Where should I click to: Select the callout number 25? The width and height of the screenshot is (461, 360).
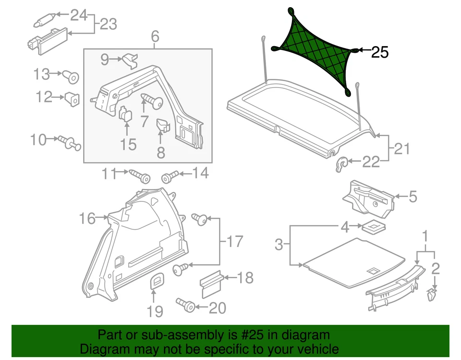[380, 52]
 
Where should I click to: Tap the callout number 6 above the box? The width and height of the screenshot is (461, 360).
[154, 37]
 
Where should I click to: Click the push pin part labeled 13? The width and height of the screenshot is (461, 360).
[72, 76]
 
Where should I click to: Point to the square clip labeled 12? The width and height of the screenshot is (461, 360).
[72, 99]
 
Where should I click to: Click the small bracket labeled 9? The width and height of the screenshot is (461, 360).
[129, 61]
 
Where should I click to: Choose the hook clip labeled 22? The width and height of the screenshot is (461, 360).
[341, 164]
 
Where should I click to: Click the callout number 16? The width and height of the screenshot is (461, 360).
[88, 219]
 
